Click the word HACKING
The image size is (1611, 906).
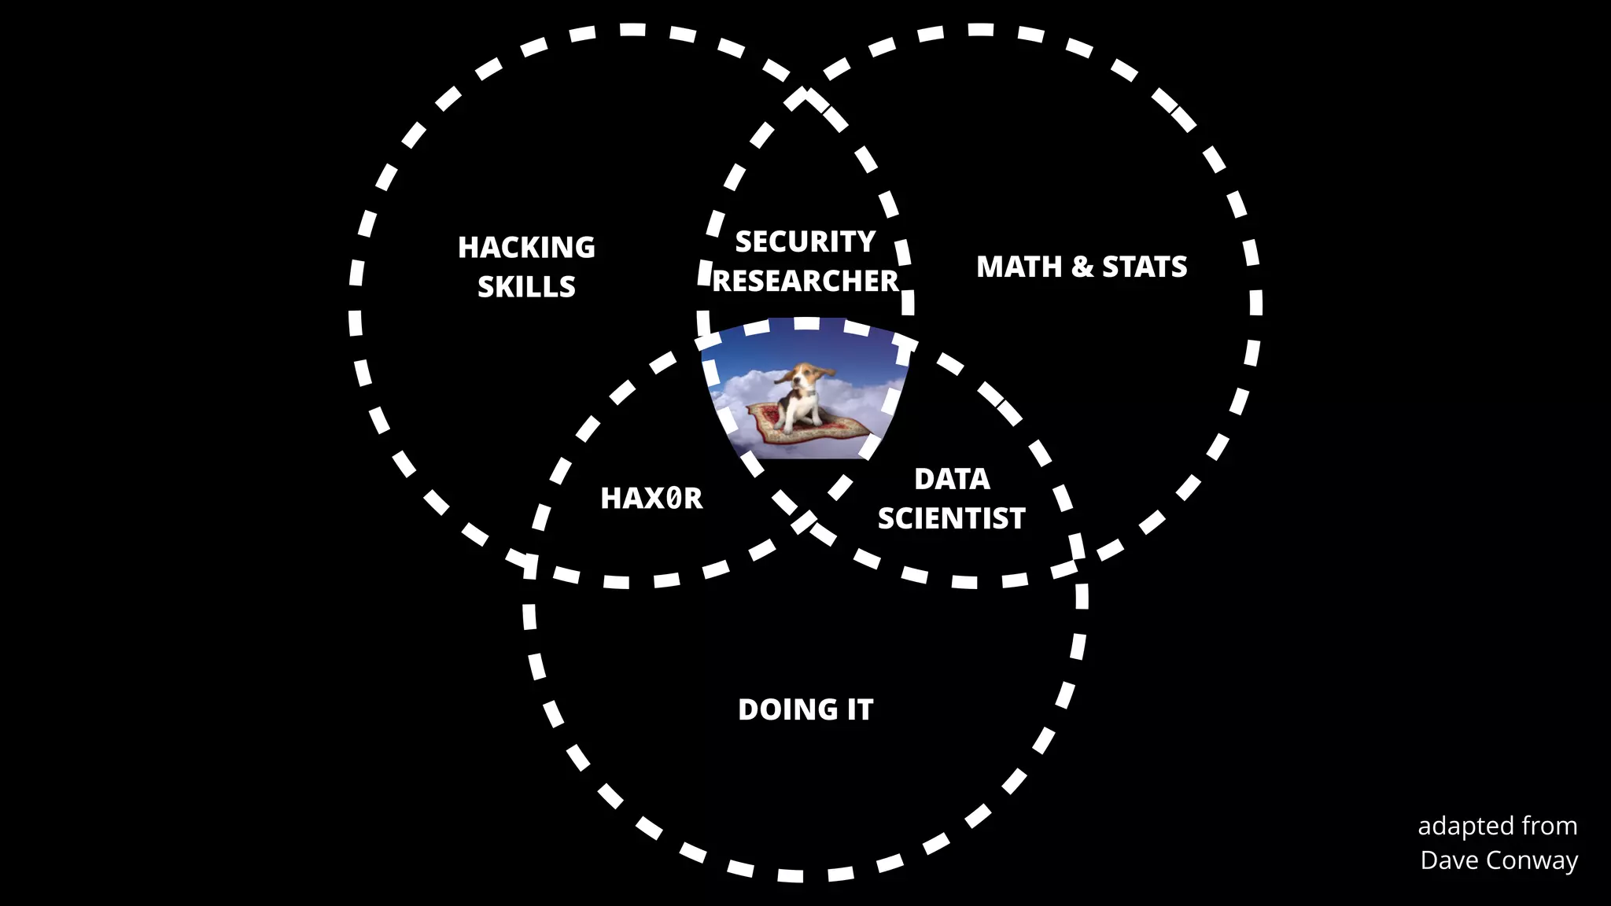pos(526,248)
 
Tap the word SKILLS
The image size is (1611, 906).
pos(526,287)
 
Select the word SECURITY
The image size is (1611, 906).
pos(805,241)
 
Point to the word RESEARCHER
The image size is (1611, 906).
pos(805,281)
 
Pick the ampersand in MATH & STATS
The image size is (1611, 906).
pos(1082,267)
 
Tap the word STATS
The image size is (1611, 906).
pos(1145,267)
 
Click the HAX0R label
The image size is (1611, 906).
pos(651,499)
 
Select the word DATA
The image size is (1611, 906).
pos(952,479)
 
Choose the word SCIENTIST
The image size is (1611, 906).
pos(952,518)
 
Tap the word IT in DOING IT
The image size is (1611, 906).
pos(860,710)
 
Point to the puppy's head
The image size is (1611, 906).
pos(804,377)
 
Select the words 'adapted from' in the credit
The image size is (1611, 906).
pos(1497,827)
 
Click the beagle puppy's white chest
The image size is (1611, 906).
pos(805,402)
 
